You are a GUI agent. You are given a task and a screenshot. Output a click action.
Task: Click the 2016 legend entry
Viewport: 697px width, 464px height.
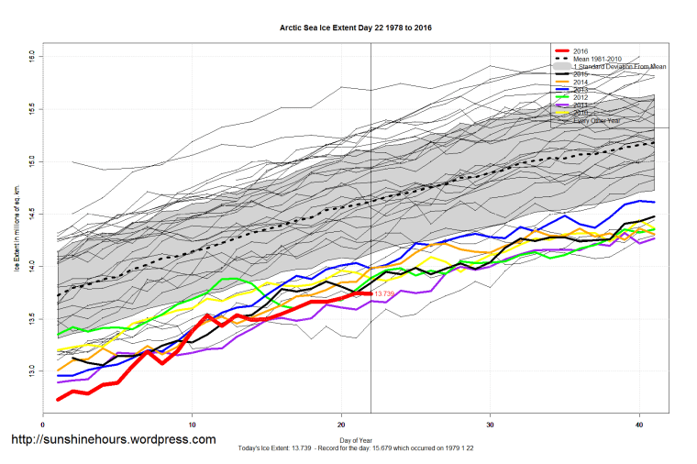(581, 50)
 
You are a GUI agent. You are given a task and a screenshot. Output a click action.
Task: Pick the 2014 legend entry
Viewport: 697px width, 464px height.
(581, 83)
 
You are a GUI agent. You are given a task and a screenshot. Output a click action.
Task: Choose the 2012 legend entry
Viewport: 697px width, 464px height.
(581, 99)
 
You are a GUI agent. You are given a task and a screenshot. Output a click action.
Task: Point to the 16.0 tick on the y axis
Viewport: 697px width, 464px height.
(31, 57)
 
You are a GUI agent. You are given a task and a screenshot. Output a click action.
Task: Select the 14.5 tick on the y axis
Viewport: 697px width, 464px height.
(31, 213)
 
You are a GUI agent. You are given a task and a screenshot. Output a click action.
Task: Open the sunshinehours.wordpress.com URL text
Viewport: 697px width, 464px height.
(113, 439)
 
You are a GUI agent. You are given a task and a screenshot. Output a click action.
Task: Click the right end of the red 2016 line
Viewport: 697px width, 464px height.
(370, 293)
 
